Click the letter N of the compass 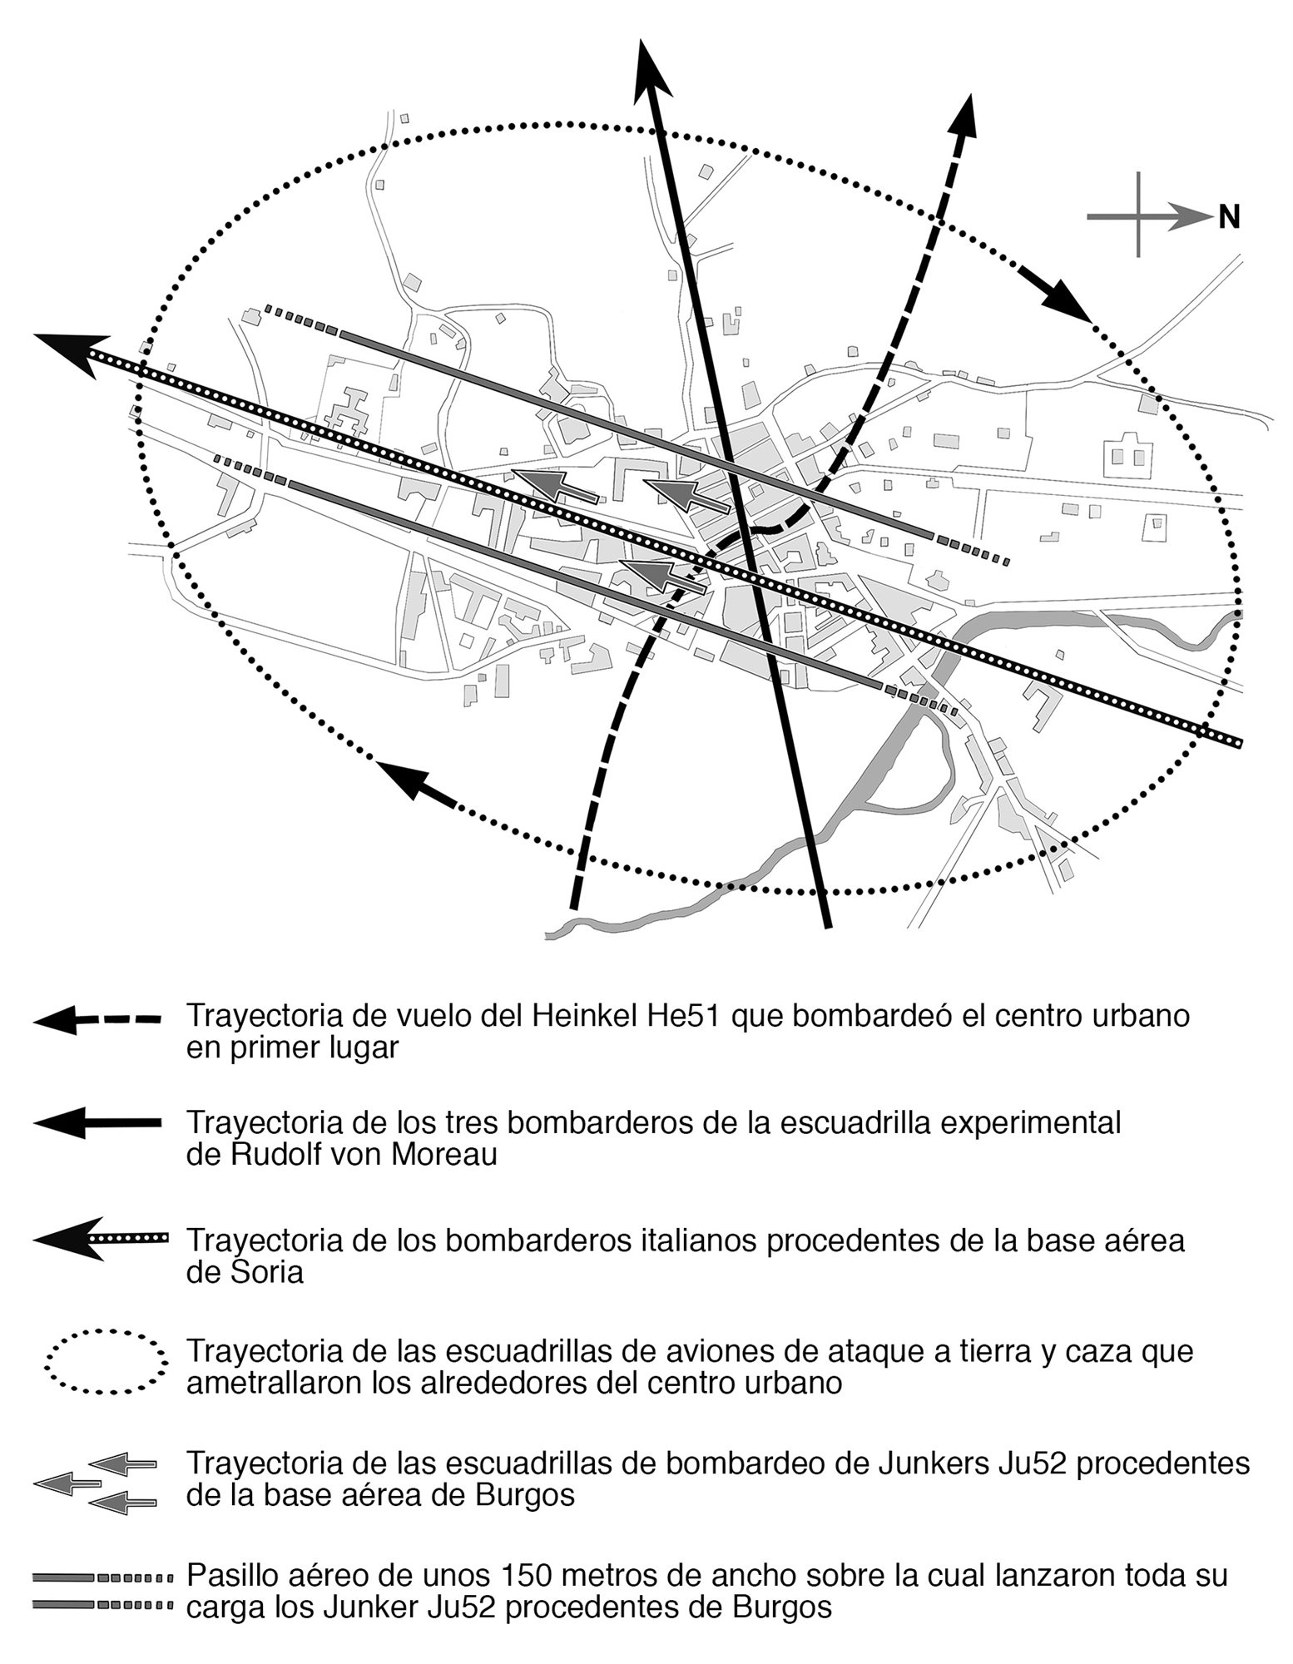point(1229,218)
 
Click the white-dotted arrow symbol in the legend point(100,1240)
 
